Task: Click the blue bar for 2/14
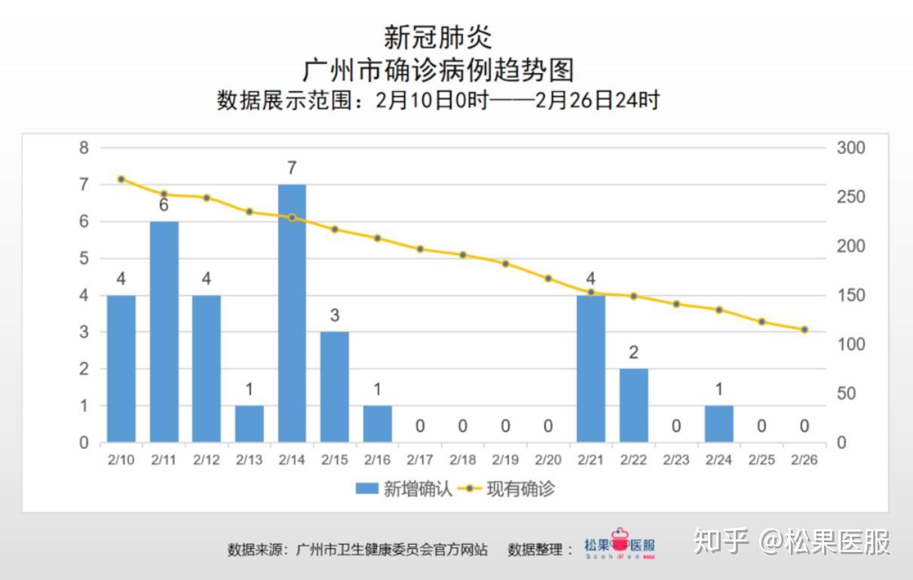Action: click(x=292, y=313)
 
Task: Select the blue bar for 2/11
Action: click(x=164, y=332)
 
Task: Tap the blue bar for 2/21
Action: click(x=590, y=369)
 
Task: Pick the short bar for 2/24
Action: click(x=718, y=424)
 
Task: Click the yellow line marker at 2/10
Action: click(x=121, y=180)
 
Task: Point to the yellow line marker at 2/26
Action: click(x=804, y=330)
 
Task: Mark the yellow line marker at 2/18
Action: click(x=463, y=255)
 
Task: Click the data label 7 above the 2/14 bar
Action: click(x=292, y=168)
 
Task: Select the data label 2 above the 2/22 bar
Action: click(x=633, y=352)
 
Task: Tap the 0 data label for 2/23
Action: click(x=676, y=426)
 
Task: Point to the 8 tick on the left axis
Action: click(x=84, y=148)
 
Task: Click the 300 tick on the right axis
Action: click(x=850, y=148)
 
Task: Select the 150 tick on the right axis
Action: click(x=850, y=296)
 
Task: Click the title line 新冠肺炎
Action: click(x=438, y=36)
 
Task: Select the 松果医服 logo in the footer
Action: click(x=620, y=545)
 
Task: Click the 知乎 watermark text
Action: click(x=721, y=542)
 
